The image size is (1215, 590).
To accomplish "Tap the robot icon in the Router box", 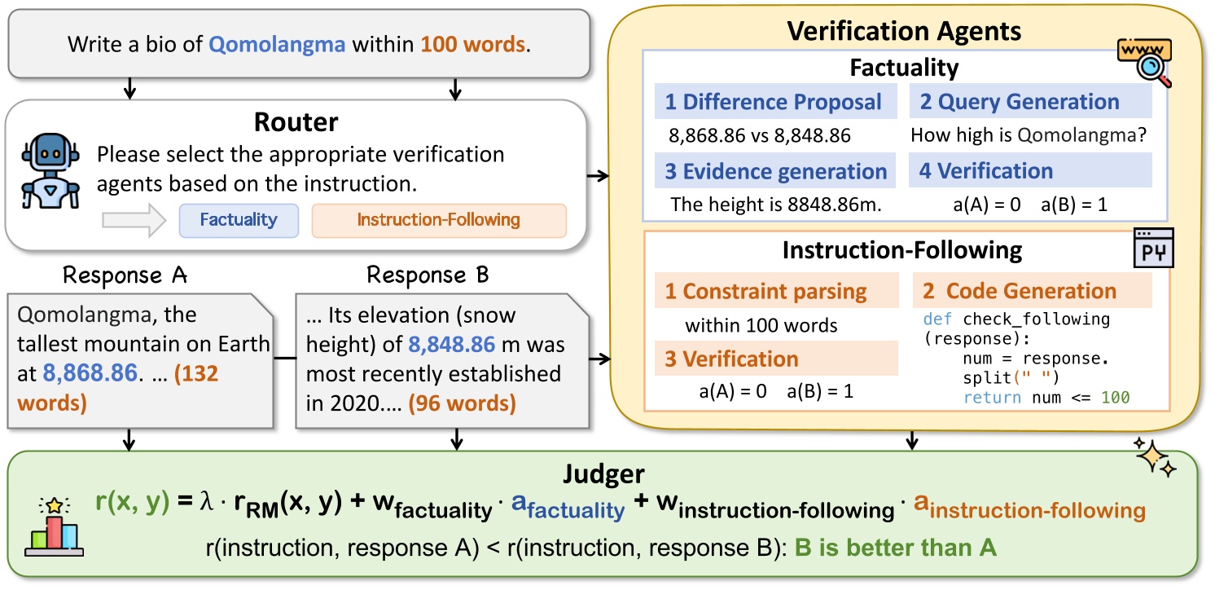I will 50,172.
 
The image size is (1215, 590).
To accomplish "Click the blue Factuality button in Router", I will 239,220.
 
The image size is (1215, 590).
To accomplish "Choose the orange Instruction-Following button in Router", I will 438,220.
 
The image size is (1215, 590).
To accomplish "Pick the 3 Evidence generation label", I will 774,171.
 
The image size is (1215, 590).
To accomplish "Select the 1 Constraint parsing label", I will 774,291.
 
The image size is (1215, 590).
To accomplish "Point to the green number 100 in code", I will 1115,398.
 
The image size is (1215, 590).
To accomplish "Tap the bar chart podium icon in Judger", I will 55,530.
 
